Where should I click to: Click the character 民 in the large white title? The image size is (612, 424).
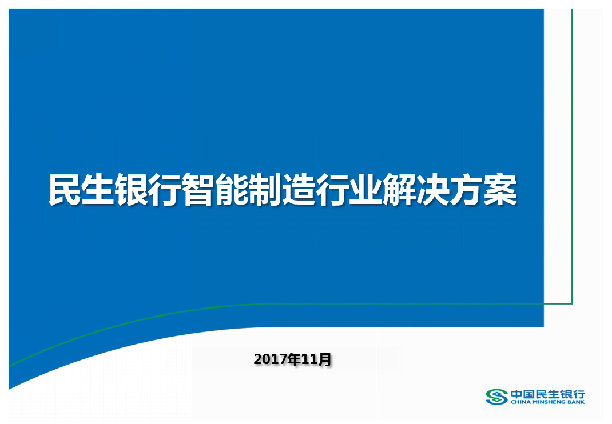point(65,190)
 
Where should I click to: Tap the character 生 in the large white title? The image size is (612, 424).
point(98,190)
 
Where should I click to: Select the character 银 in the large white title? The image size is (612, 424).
point(132,190)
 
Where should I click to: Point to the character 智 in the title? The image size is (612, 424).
point(198,190)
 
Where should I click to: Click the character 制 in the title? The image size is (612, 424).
point(265,190)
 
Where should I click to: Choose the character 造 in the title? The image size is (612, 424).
point(299,190)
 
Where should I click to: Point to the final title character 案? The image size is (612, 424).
point(501,190)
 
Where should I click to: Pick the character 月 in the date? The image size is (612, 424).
point(324,359)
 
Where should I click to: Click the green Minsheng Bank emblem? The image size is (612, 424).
point(496,397)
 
